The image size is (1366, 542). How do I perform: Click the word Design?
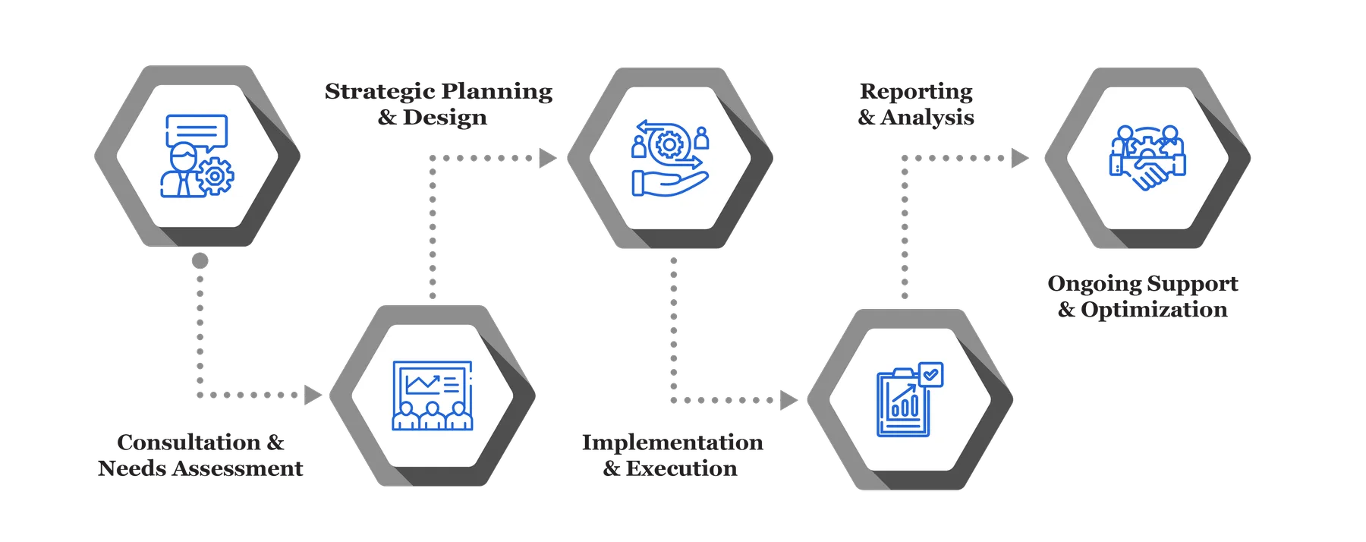click(445, 118)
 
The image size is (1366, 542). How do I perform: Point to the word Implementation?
click(672, 442)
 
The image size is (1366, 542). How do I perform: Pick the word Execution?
click(681, 468)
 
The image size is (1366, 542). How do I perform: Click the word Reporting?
click(916, 92)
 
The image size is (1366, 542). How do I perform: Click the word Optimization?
click(1154, 310)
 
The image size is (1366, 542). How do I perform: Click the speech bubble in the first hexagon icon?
click(197, 131)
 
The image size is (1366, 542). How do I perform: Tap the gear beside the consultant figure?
click(216, 175)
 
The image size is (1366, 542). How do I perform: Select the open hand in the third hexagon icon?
click(669, 183)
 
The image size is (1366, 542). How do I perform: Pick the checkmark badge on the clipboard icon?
click(930, 374)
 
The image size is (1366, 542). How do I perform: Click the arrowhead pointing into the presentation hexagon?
click(312, 395)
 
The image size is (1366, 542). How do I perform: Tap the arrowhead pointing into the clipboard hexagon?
click(788, 400)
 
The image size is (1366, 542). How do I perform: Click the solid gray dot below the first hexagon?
click(200, 261)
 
